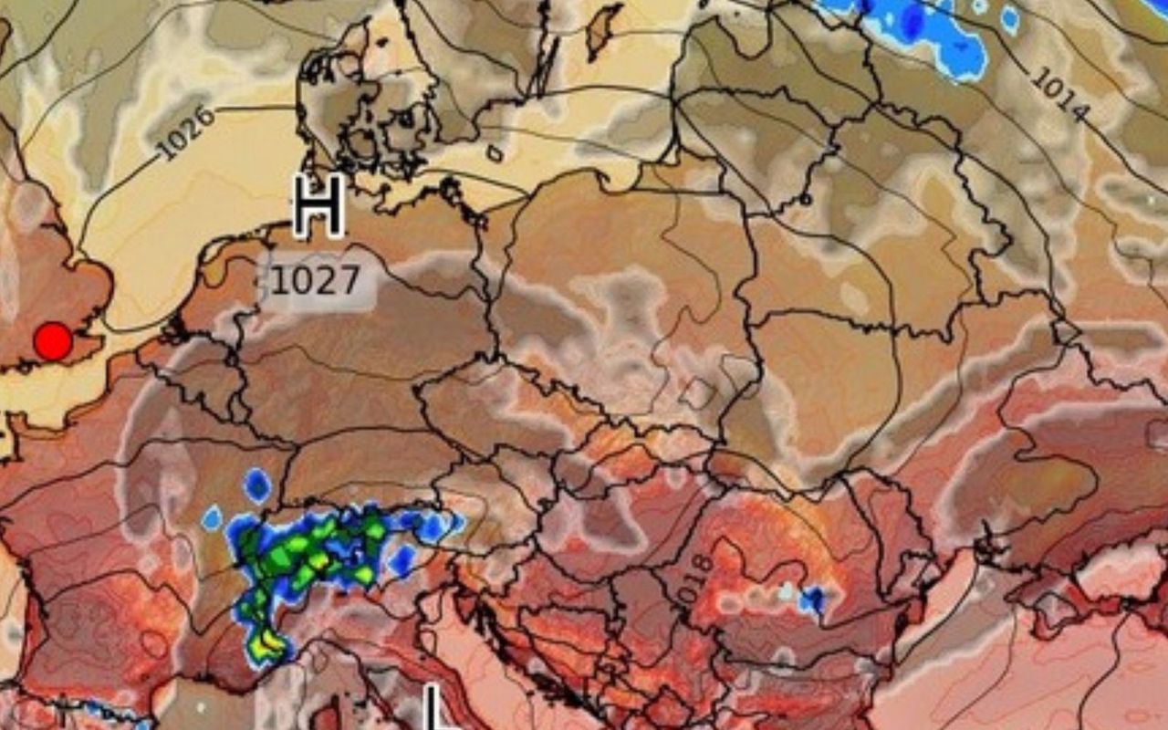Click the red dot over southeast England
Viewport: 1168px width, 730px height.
(x=53, y=341)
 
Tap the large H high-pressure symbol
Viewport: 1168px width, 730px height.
(x=318, y=206)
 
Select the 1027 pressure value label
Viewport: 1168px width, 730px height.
(x=316, y=281)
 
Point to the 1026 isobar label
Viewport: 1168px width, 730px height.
(x=185, y=133)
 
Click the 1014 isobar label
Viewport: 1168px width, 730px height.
(x=1059, y=94)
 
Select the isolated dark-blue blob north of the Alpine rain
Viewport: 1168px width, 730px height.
(x=257, y=485)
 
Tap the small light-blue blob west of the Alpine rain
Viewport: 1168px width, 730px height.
(x=212, y=518)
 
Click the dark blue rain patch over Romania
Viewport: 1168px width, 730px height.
(x=811, y=600)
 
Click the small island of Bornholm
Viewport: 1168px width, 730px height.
(x=495, y=152)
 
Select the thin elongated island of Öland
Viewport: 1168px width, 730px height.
(x=547, y=64)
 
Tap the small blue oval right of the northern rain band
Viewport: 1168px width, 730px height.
(x=1010, y=19)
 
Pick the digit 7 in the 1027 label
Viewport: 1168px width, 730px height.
(x=350, y=281)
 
